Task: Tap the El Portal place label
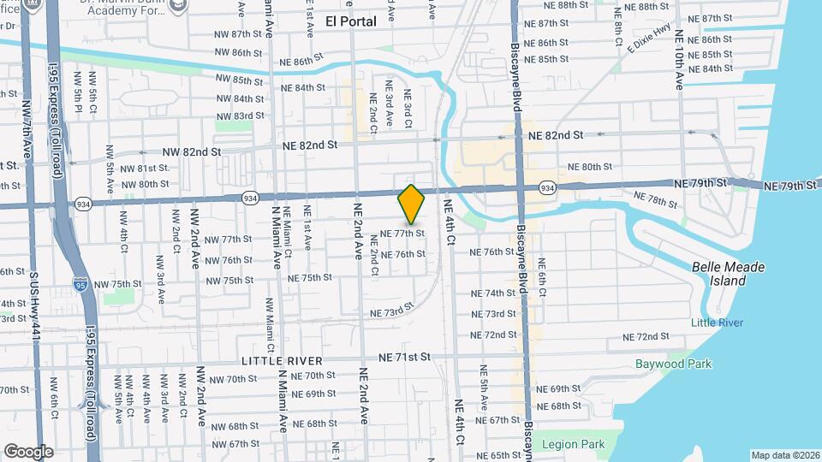pyautogui.click(x=351, y=21)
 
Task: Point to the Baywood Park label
pyautogui.click(x=673, y=364)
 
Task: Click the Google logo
pyautogui.click(x=28, y=451)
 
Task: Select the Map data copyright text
pyautogui.click(x=784, y=455)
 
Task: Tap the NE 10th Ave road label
pyautogui.click(x=679, y=62)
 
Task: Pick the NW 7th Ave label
pyautogui.click(x=27, y=156)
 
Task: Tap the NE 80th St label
pyautogui.click(x=590, y=167)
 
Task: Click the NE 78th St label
pyautogui.click(x=657, y=199)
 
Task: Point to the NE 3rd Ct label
pyautogui.click(x=408, y=110)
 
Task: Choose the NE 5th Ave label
pyautogui.click(x=484, y=385)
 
